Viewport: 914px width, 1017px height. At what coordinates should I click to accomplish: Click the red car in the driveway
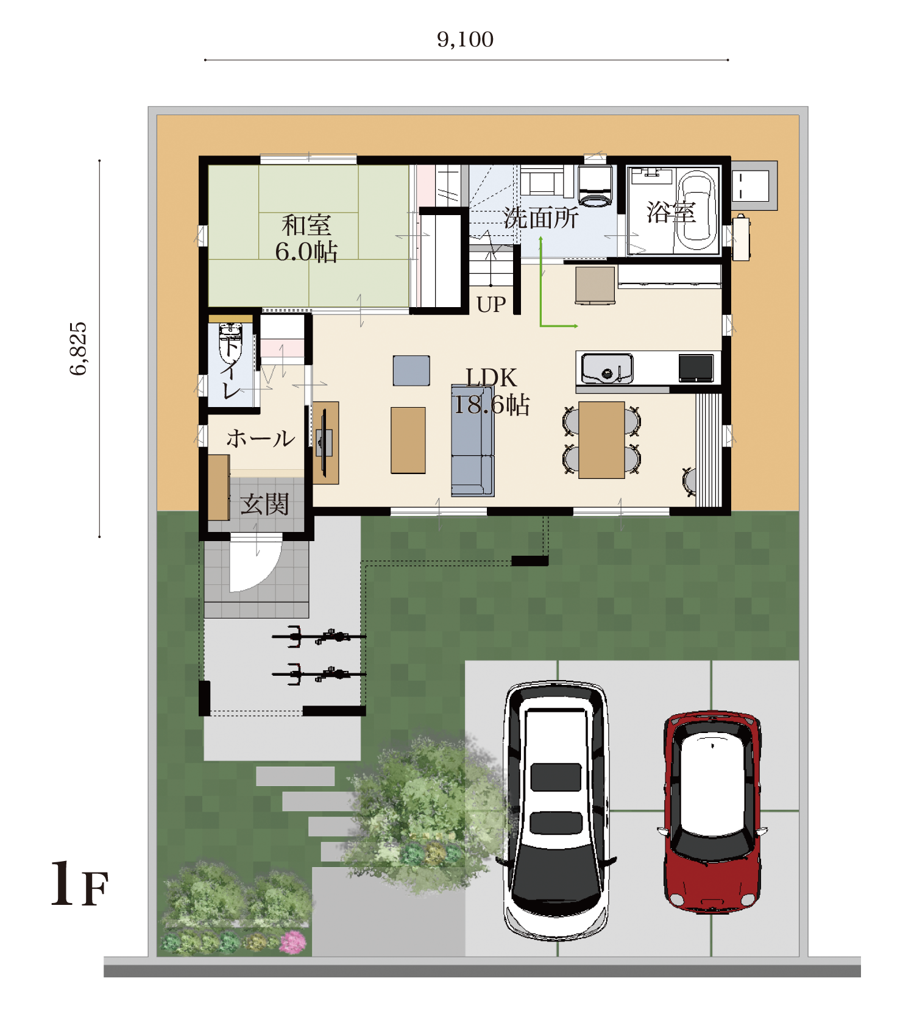point(712,812)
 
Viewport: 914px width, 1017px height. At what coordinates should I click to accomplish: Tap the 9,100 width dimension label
point(465,40)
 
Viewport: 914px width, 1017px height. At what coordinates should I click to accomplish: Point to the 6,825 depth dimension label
point(79,349)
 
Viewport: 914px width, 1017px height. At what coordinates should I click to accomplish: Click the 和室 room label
point(306,225)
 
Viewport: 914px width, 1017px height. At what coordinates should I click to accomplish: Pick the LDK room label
point(491,378)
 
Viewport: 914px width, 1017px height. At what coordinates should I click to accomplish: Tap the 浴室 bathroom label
point(671,213)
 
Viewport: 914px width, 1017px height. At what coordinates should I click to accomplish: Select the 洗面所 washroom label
point(541,218)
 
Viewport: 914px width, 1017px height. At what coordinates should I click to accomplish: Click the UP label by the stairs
point(491,304)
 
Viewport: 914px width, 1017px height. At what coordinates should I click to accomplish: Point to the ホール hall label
point(261,439)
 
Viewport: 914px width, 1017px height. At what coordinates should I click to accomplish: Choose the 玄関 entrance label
point(264,505)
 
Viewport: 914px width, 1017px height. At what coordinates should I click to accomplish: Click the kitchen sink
point(607,369)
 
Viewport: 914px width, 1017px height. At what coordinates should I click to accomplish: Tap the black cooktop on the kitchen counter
point(696,368)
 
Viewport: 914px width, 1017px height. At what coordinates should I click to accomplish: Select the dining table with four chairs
point(601,439)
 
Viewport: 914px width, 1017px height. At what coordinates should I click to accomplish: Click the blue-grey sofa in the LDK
point(473,440)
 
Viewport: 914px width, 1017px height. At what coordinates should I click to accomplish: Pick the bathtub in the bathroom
point(696,211)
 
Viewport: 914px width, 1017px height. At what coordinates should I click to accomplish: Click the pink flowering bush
point(293,942)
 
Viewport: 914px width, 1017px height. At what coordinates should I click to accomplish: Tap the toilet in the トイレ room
point(231,342)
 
